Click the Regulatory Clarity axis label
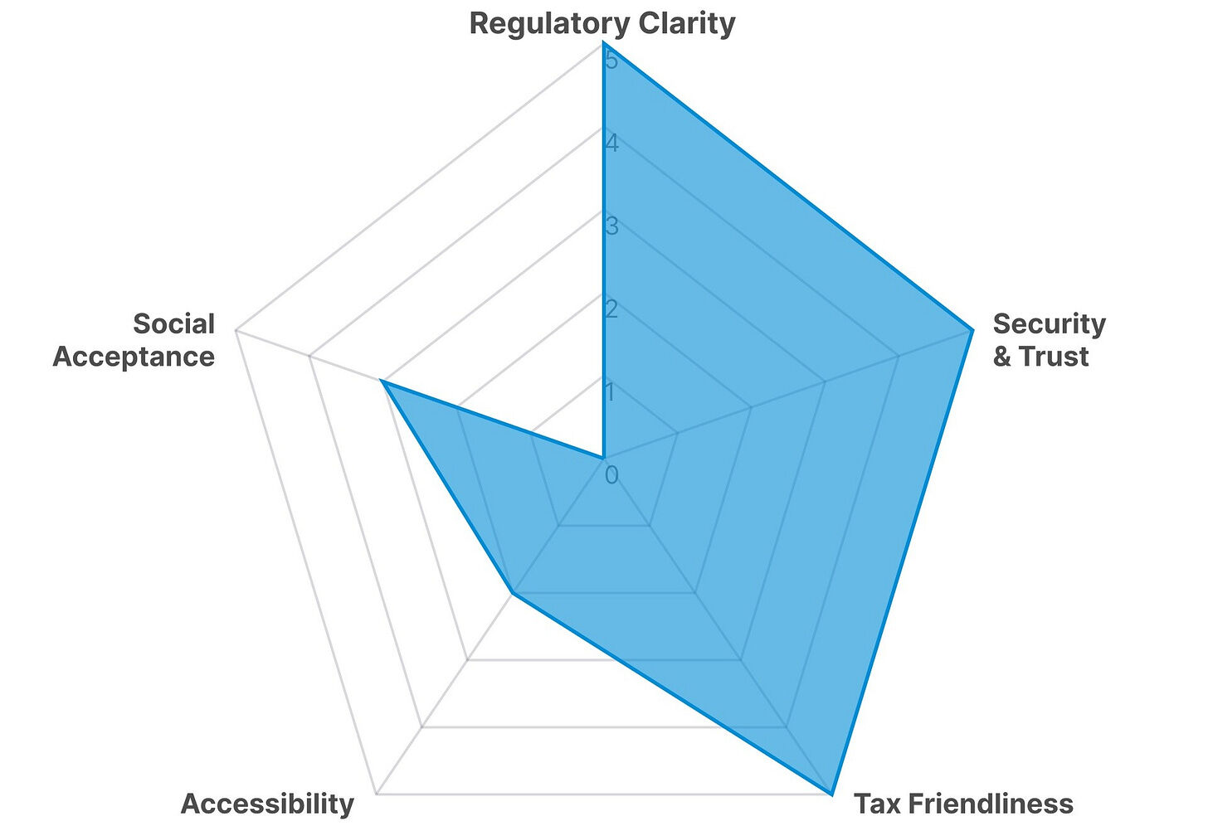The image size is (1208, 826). (602, 23)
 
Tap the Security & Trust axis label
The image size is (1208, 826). (1049, 339)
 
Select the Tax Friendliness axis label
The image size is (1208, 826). (963, 804)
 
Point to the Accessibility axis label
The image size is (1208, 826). (267, 804)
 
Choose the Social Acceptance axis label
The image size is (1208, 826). (134, 339)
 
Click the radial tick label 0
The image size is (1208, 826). (611, 475)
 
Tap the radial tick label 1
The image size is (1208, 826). (611, 391)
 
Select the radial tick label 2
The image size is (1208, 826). (611, 309)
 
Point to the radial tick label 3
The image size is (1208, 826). (611, 226)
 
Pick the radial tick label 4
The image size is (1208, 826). (611, 143)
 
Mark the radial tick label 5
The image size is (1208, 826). (611, 61)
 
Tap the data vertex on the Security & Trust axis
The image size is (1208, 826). (972, 331)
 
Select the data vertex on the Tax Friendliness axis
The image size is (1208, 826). (831, 794)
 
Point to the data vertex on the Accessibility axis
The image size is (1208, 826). (513, 593)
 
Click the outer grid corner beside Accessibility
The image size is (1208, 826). (376, 794)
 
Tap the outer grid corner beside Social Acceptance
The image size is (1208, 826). (236, 331)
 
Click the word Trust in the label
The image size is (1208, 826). (1054, 357)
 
